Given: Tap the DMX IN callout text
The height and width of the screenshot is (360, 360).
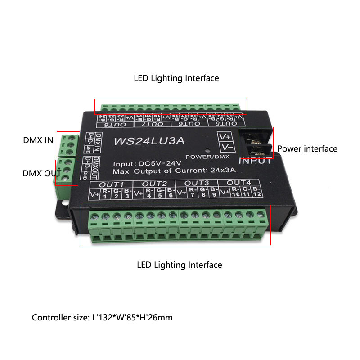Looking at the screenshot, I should pyautogui.click(x=38, y=140).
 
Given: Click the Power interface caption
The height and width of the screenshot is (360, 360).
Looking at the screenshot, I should pyautogui.click(x=307, y=148).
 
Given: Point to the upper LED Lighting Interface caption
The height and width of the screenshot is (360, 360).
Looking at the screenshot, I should pyautogui.click(x=176, y=78).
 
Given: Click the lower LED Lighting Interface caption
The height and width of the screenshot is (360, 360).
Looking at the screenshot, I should pyautogui.click(x=180, y=265).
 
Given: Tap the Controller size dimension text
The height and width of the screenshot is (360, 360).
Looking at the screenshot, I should pyautogui.click(x=102, y=318).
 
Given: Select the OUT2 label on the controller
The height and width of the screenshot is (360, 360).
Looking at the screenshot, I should pyautogui.click(x=154, y=183).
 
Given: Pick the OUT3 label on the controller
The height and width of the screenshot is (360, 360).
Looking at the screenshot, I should pyautogui.click(x=197, y=183).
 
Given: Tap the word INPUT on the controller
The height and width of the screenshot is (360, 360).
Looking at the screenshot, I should pyautogui.click(x=255, y=160).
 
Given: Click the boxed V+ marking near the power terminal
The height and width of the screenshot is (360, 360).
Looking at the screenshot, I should pyautogui.click(x=225, y=136).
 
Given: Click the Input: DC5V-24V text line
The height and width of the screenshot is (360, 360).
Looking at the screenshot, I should pyautogui.click(x=147, y=163).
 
